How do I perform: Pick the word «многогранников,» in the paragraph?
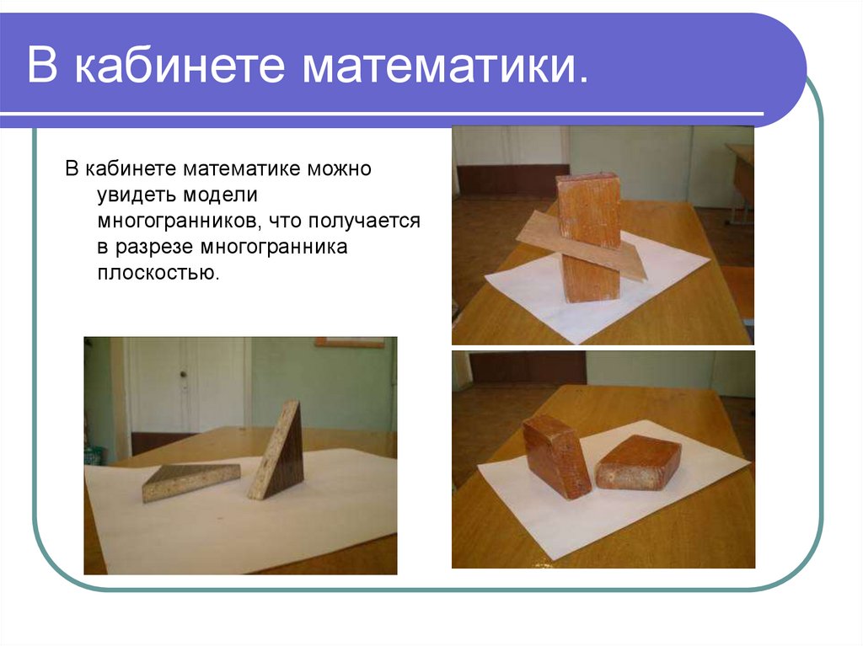tap(174, 222)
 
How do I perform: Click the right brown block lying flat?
tap(638, 462)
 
